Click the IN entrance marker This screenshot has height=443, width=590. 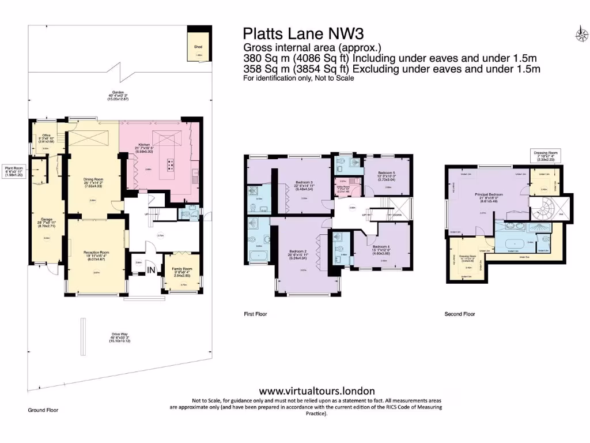152,270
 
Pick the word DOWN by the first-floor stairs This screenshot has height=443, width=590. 381,216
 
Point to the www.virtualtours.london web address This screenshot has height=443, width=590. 317,391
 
